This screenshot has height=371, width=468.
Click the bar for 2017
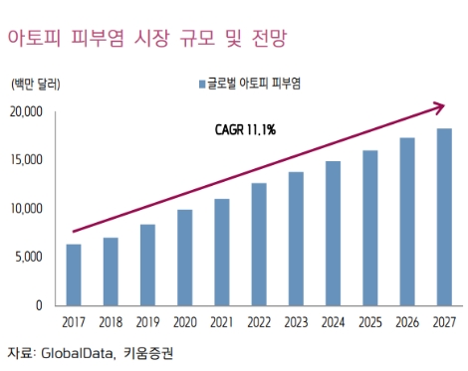coord(74,275)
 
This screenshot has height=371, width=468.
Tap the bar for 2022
coord(258,244)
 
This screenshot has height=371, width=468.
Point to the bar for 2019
coord(147,265)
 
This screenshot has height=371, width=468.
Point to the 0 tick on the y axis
coord(40,305)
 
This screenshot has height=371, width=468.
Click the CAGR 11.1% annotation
coord(245,129)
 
